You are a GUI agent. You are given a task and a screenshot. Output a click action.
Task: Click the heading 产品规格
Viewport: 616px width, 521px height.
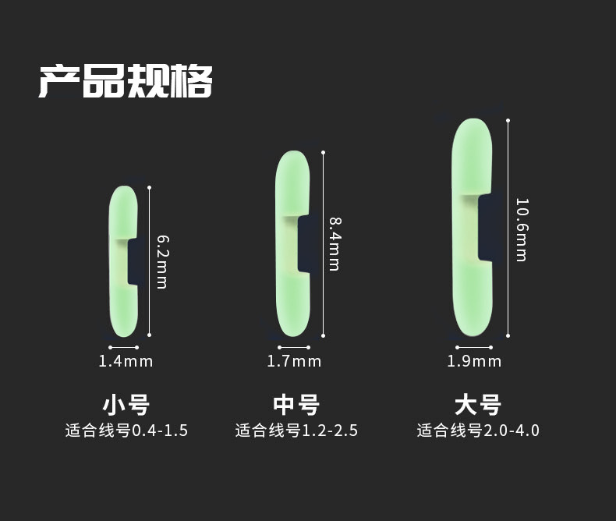[125, 81]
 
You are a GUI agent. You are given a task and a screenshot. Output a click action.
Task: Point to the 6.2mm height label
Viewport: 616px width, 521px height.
[161, 261]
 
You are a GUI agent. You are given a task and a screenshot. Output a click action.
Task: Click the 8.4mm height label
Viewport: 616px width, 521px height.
[334, 243]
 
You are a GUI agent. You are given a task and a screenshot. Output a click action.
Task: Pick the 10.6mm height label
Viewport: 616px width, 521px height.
[521, 229]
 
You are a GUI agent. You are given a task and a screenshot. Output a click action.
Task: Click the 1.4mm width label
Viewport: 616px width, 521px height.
[126, 361]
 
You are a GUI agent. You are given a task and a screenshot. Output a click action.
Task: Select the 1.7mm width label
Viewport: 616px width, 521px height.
[294, 361]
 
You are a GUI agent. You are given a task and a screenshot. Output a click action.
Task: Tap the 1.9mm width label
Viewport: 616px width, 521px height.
[474, 361]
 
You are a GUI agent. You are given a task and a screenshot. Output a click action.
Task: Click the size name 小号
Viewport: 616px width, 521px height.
[126, 405]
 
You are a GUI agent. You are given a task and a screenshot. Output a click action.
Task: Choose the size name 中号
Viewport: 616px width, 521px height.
[296, 405]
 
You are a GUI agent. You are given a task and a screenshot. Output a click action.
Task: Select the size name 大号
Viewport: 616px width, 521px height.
[477, 405]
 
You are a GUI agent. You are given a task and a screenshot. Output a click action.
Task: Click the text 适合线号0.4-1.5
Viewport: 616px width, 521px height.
[126, 431]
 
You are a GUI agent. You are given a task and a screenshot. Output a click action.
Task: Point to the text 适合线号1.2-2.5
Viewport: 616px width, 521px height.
[296, 431]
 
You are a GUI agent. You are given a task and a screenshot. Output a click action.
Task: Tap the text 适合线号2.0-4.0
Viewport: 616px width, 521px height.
[478, 431]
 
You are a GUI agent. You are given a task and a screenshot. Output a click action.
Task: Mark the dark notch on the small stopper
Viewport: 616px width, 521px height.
[133, 262]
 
